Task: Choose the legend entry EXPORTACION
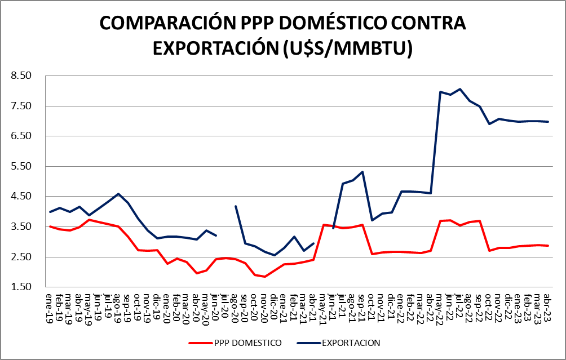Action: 351,342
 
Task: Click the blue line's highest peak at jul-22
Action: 460,89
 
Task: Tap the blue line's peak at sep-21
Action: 362,172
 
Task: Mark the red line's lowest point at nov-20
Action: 264,277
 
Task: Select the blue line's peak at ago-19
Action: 118,194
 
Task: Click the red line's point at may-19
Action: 89,219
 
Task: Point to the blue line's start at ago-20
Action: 235,206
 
